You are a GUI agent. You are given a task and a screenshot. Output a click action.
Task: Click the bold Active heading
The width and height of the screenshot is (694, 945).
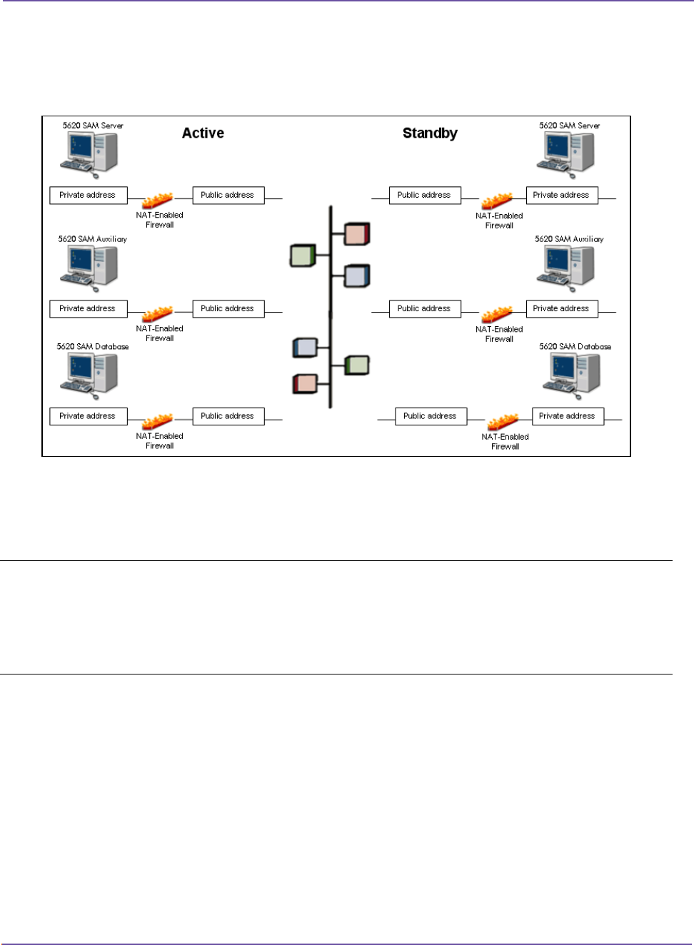pos(203,133)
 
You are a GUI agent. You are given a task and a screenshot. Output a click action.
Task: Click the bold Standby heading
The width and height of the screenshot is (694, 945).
pos(430,133)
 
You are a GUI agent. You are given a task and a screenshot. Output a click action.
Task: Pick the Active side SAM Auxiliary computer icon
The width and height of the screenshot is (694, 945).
pos(89,267)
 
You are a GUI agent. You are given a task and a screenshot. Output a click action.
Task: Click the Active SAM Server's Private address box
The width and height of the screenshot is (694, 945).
pos(88,196)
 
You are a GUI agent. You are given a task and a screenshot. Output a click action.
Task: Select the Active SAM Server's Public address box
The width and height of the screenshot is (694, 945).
pos(228,196)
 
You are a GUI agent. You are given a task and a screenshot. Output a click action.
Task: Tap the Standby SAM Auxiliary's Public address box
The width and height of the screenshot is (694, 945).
pos(424,309)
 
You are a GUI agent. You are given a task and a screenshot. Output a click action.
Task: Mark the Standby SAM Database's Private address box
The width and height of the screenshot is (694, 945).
pos(568,416)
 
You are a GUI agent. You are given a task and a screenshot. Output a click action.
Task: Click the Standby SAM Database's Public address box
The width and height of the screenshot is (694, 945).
pos(431,416)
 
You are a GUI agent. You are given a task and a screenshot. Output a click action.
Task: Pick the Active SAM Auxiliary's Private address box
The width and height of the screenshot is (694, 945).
pos(88,309)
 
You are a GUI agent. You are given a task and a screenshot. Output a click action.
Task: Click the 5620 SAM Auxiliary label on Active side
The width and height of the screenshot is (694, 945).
pos(93,239)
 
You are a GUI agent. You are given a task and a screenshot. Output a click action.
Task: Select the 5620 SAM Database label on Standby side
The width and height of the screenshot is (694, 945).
pos(575,347)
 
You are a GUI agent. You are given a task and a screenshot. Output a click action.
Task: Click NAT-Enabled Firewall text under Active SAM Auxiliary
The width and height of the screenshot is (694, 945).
pos(160,333)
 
